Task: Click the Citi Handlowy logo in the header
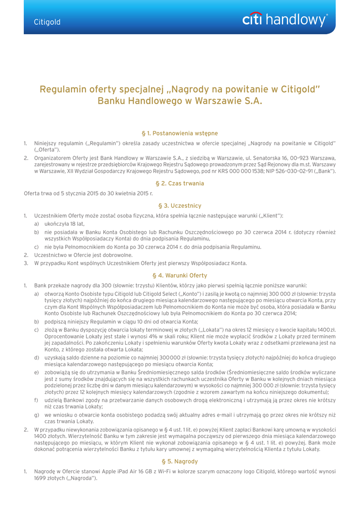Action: pos(285,20)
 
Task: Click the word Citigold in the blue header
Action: pos(47,22)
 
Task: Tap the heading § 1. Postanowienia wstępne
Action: pos(180,133)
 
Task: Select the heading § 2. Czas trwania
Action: pos(180,183)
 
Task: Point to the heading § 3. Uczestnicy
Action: pos(180,205)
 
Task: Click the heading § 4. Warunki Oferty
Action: pos(180,275)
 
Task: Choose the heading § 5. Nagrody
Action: pos(180,461)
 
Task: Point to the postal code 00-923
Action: pos(274,157)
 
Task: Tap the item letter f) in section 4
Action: pos(36,399)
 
